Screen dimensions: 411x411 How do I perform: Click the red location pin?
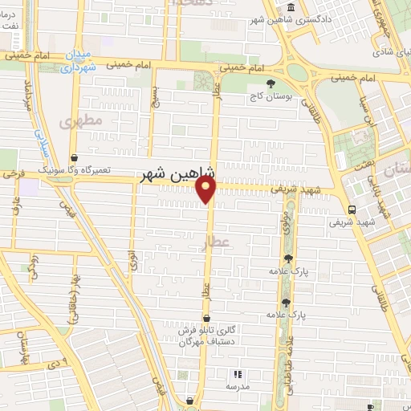pos(207,189)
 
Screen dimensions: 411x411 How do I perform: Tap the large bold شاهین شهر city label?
pos(177,172)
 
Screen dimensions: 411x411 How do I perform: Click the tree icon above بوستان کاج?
pos(270,83)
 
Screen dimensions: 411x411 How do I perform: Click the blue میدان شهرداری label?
pos(79,60)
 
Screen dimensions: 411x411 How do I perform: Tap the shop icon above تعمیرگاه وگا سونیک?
pos(74,158)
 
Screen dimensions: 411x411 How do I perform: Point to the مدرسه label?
pos(237,387)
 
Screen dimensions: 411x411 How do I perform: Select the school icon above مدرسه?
pos(237,374)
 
